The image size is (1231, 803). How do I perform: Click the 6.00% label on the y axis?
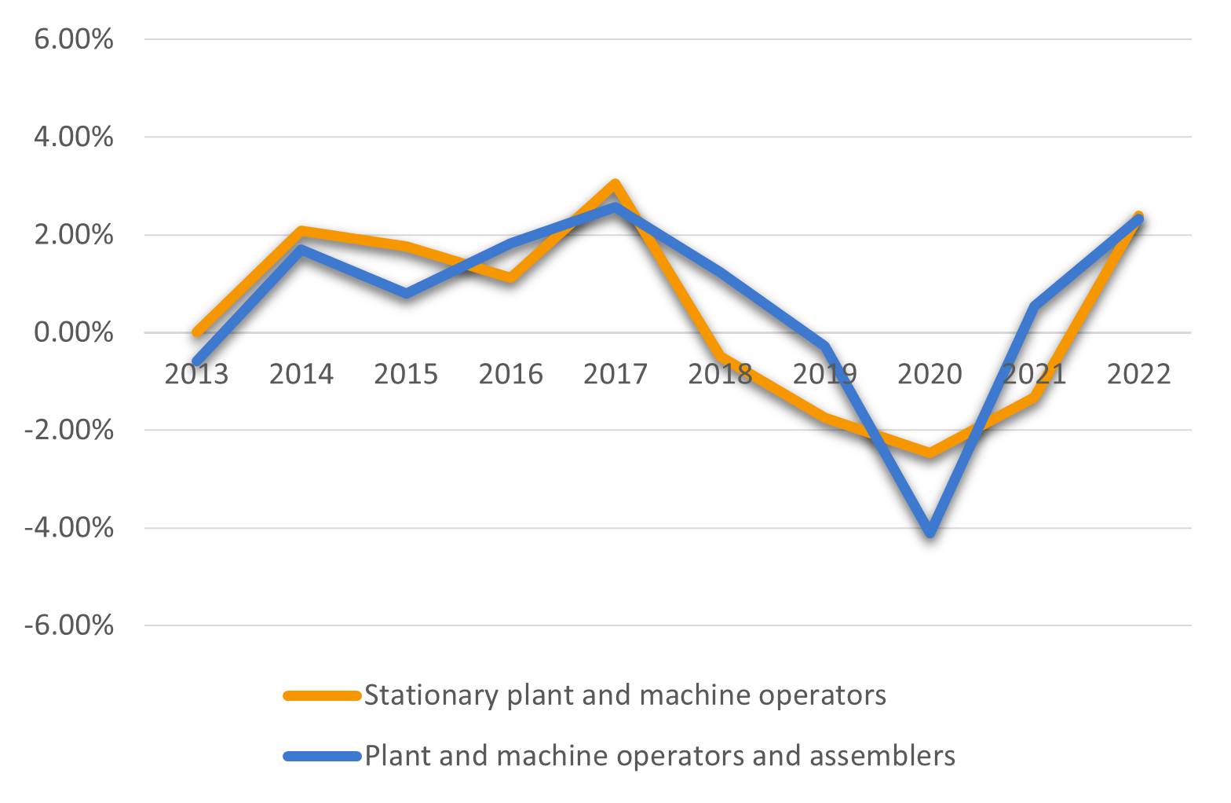[74, 39]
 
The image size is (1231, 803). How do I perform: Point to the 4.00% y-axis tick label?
[74, 137]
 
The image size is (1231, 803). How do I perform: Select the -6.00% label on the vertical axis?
[69, 626]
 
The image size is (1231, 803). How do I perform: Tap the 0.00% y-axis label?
[74, 332]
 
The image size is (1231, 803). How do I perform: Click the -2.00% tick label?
[69, 431]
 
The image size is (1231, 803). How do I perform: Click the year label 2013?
[196, 374]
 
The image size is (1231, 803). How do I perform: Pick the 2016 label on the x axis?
[510, 374]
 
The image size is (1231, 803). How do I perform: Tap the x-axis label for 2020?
[930, 374]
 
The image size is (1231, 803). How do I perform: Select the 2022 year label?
[1138, 374]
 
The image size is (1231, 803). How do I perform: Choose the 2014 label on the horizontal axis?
[301, 374]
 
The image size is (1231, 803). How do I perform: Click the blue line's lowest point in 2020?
[930, 532]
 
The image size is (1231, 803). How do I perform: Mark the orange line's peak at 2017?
[615, 185]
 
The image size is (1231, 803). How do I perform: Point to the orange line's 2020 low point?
[930, 453]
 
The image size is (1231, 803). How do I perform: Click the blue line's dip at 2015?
[407, 293]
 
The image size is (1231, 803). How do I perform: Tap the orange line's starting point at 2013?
[197, 332]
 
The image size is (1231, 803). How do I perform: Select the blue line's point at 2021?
[1035, 306]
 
